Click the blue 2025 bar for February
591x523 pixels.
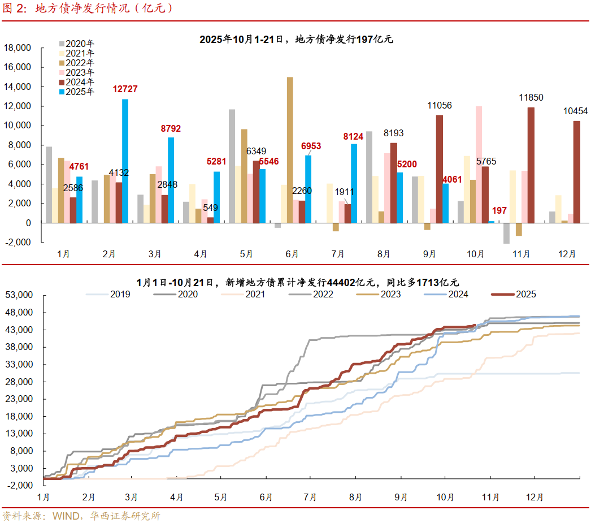(x=125, y=161)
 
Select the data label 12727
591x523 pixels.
(x=125, y=89)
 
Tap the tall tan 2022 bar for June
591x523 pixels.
(x=290, y=150)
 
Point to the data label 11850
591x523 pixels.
(x=531, y=98)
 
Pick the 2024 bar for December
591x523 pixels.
(x=576, y=172)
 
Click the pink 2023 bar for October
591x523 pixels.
(x=479, y=165)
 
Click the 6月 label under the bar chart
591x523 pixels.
(x=292, y=254)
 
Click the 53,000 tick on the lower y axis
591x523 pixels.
(x=20, y=295)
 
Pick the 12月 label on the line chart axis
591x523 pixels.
(x=534, y=497)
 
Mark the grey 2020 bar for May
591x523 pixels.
(x=232, y=166)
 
